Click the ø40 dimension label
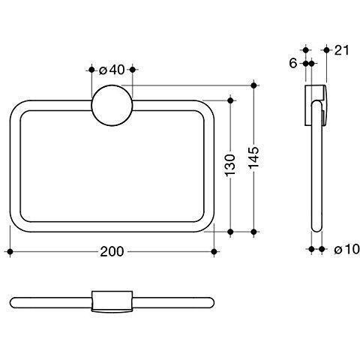[x=112, y=70]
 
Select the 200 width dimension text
[x=112, y=251]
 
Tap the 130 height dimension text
[x=230, y=165]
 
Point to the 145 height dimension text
[x=253, y=157]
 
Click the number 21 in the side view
[x=341, y=50]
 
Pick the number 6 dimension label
[x=293, y=63]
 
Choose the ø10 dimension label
[x=346, y=249]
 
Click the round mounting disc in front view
[x=112, y=105]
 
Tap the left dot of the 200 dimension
[x=10, y=251]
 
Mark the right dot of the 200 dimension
[x=214, y=251]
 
